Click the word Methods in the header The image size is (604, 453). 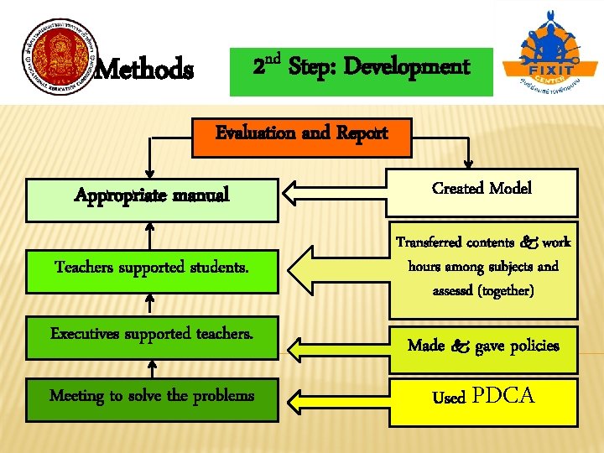pyautogui.click(x=144, y=69)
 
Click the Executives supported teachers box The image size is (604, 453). pyautogui.click(x=152, y=334)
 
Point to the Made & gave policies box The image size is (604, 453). pyautogui.click(x=482, y=346)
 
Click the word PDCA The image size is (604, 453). pyautogui.click(x=504, y=396)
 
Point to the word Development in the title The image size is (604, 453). pyautogui.click(x=407, y=67)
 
